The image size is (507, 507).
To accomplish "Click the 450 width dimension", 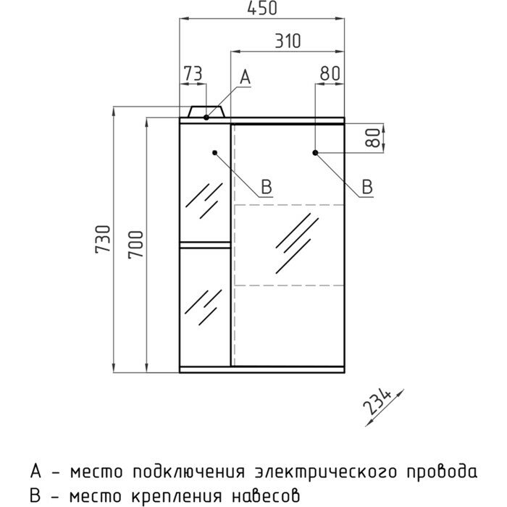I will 262,9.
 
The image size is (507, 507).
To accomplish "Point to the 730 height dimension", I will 104,239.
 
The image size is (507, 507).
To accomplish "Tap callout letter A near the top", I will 245,76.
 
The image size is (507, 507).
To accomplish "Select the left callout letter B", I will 266,187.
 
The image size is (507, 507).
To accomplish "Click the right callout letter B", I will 367,187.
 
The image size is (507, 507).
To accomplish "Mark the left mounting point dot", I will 216,152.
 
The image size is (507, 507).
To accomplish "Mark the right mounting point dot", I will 317,152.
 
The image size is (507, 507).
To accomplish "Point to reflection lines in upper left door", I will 204,201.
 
